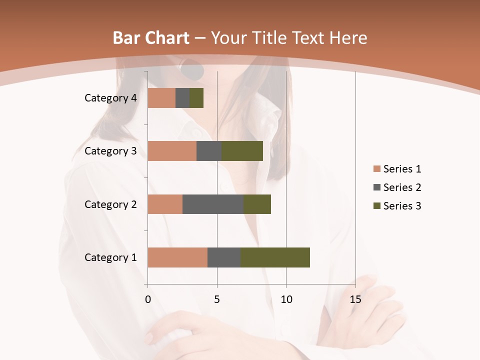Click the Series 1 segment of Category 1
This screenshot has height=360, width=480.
click(177, 257)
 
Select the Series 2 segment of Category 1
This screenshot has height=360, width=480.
click(224, 257)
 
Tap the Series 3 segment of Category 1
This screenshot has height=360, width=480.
click(275, 257)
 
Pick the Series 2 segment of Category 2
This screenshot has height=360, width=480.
click(213, 204)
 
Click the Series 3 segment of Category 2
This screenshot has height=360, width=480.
click(257, 204)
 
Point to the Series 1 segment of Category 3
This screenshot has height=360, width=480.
click(172, 151)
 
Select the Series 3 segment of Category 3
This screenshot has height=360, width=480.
click(242, 151)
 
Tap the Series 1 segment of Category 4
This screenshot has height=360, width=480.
click(161, 98)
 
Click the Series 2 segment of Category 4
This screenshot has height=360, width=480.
click(182, 98)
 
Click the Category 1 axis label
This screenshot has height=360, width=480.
click(110, 257)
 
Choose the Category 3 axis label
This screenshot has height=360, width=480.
click(110, 151)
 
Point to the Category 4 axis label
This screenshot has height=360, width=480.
click(110, 98)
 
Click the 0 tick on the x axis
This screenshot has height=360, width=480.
click(148, 299)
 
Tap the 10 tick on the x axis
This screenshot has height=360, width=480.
click(286, 299)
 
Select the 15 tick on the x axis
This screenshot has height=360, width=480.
click(355, 299)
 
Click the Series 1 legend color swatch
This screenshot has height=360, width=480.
click(376, 169)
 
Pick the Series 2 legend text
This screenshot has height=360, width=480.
click(402, 187)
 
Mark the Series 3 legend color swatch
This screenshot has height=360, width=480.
click(376, 206)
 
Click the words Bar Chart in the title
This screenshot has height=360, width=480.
click(151, 38)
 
